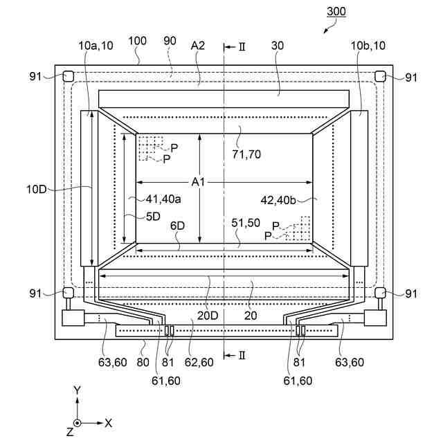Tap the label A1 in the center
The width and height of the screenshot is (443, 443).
[199, 182]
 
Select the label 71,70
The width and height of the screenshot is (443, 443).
[246, 154]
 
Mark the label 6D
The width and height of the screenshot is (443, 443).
[178, 226]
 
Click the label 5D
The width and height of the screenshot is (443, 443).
[152, 216]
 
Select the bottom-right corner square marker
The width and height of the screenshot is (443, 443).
[380, 293]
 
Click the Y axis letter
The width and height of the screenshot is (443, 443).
[78, 390]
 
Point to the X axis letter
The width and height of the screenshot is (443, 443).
[108, 422]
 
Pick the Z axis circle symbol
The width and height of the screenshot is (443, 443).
[78, 422]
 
